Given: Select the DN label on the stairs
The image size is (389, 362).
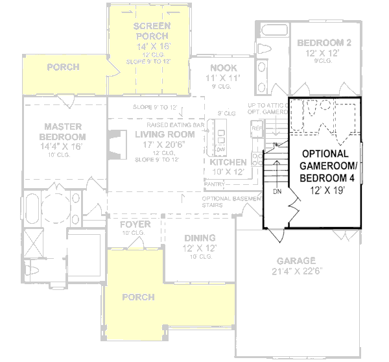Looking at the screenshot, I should point(276,192).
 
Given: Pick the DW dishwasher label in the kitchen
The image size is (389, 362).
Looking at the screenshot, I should point(220,149).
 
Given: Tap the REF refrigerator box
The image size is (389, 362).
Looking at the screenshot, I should point(255,128).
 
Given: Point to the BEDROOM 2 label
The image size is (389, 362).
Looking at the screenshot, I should point(324,43).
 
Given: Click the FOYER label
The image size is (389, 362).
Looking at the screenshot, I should point(136,224).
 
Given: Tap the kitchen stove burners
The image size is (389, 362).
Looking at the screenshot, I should point(220,136).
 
